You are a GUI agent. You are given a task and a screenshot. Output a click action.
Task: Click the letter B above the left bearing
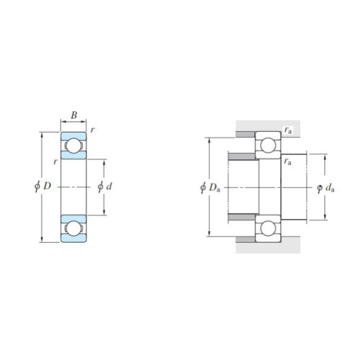(73, 115)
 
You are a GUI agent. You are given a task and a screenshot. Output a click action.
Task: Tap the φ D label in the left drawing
(42, 187)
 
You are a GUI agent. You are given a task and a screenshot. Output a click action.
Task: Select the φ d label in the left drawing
(105, 187)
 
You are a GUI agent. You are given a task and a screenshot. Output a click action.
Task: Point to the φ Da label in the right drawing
(209, 188)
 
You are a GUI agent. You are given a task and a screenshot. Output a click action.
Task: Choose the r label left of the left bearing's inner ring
(54, 162)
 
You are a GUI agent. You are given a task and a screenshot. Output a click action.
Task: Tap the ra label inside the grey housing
(289, 130)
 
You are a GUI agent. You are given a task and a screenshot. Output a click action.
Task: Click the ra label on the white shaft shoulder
(289, 162)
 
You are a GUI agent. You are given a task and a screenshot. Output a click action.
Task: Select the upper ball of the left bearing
(73, 146)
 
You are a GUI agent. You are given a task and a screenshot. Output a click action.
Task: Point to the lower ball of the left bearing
(73, 228)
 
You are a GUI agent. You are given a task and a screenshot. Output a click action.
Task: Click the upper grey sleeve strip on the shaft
(243, 157)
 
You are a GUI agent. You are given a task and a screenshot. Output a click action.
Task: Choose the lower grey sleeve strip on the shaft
(243, 217)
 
